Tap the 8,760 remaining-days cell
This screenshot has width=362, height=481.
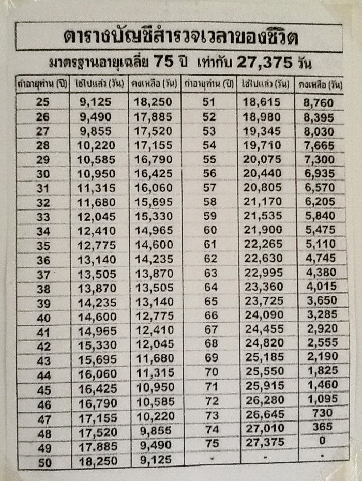click(319, 102)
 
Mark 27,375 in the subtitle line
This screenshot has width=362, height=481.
click(264, 63)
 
